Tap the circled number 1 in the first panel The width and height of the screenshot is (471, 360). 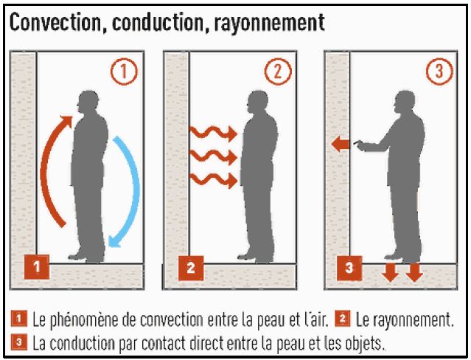click(125, 72)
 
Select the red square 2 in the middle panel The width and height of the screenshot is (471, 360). click(191, 268)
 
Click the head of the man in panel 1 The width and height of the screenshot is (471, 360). click(88, 101)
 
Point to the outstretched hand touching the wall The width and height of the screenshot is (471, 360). click(358, 144)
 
